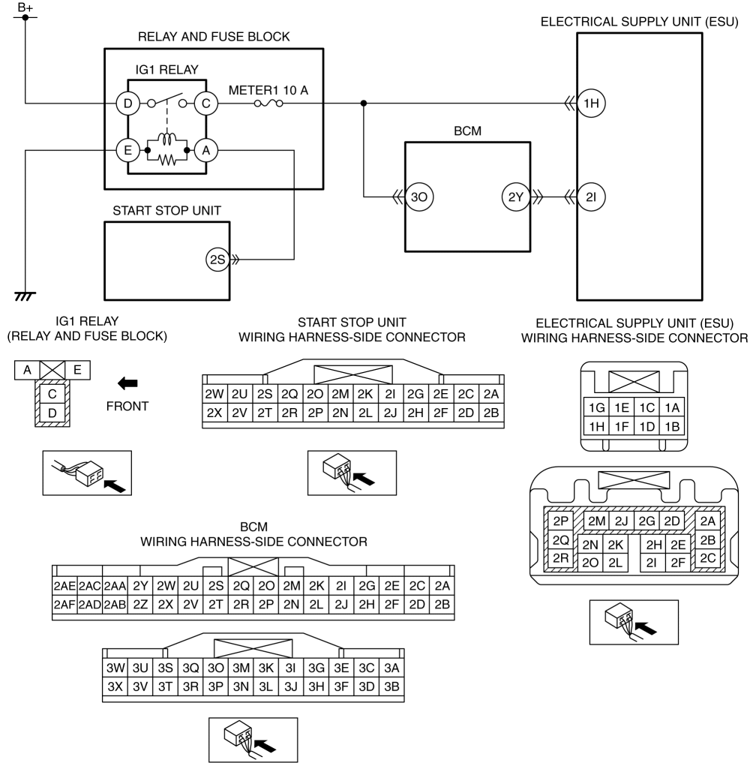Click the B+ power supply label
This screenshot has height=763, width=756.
[25, 8]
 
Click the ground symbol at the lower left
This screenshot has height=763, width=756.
[25, 296]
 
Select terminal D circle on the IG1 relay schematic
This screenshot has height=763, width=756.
[128, 104]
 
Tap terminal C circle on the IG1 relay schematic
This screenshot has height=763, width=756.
[205, 104]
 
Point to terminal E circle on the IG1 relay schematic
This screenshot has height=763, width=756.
[128, 150]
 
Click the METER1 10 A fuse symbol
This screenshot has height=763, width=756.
[268, 104]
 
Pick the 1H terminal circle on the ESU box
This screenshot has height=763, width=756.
[591, 104]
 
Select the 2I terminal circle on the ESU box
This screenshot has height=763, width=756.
[591, 197]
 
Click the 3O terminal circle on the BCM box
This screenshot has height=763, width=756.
[418, 197]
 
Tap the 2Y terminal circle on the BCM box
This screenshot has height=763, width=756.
[516, 197]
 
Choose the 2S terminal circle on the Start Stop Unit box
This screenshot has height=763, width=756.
[217, 260]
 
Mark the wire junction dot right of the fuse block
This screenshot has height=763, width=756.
[364, 104]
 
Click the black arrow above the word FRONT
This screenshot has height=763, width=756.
[127, 383]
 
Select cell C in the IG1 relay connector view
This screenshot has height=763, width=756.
[52, 394]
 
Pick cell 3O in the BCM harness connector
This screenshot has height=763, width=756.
[215, 668]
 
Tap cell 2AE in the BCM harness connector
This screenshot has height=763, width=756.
[64, 586]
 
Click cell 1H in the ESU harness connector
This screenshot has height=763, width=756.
[596, 427]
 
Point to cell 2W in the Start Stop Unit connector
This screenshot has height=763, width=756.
[214, 394]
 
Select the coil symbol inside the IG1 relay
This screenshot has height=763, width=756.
[167, 139]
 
